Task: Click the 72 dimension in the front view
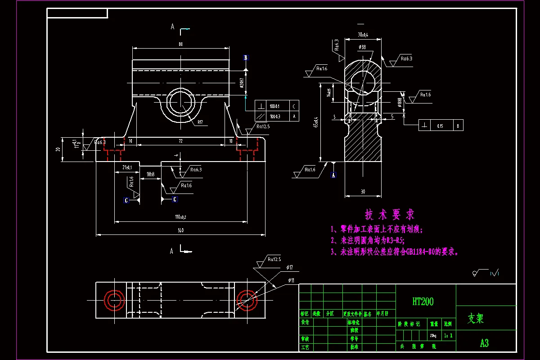pyautogui.click(x=181, y=141)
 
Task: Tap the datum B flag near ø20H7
pyautogui.click(x=246, y=58)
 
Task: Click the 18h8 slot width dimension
pyautogui.click(x=150, y=174)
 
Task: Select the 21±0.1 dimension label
pyautogui.click(x=127, y=168)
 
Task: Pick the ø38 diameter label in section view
pyautogui.click(x=363, y=47)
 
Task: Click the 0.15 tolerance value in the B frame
pyautogui.click(x=440, y=126)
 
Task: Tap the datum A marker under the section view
pyautogui.click(x=333, y=175)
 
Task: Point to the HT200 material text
pyautogui.click(x=423, y=301)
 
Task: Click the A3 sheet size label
pyautogui.click(x=484, y=343)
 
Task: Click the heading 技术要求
pyautogui.click(x=390, y=214)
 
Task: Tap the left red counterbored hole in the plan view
pyautogui.click(x=114, y=300)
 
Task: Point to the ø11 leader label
pyautogui.click(x=292, y=280)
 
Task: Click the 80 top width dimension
pyautogui.click(x=180, y=45)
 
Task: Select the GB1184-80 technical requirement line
pyautogui.click(x=395, y=252)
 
